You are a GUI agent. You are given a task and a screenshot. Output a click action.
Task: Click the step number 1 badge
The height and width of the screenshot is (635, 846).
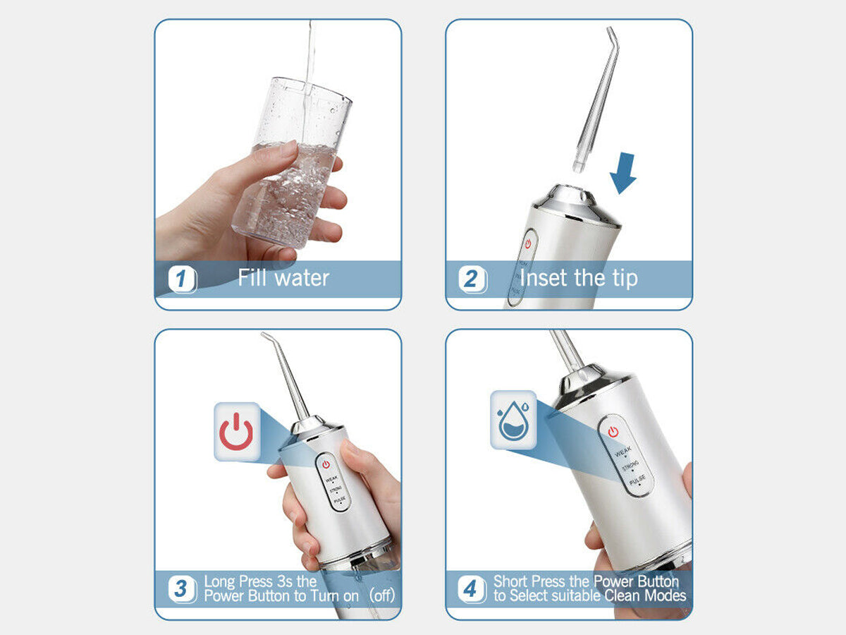[183, 279]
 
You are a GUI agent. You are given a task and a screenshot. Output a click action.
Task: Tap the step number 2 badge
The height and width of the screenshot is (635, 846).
[472, 279]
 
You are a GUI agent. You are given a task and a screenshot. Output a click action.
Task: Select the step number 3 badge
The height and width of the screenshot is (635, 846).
[183, 588]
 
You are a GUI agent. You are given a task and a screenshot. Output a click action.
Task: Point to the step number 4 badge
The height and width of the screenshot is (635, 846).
[472, 588]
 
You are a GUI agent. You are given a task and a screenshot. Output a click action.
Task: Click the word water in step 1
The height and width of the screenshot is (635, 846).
[302, 278]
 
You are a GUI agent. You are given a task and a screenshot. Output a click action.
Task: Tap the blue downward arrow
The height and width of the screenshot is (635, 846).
[623, 173]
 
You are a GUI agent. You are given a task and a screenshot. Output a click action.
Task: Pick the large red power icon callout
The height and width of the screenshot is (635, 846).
[237, 431]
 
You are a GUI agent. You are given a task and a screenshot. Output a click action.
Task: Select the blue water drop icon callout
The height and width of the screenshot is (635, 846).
[513, 420]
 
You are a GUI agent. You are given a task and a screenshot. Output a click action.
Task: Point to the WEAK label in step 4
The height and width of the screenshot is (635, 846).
[623, 451]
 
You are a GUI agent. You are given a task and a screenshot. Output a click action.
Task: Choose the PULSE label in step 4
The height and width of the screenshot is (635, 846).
[637, 480]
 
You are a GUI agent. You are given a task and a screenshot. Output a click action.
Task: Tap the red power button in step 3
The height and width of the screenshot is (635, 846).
[326, 464]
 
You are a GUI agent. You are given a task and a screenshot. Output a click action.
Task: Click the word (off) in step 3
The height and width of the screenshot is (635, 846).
[382, 595]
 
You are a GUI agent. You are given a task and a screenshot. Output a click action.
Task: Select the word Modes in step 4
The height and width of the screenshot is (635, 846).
[666, 595]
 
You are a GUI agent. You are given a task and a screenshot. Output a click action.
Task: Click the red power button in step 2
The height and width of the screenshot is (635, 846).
[528, 243]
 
